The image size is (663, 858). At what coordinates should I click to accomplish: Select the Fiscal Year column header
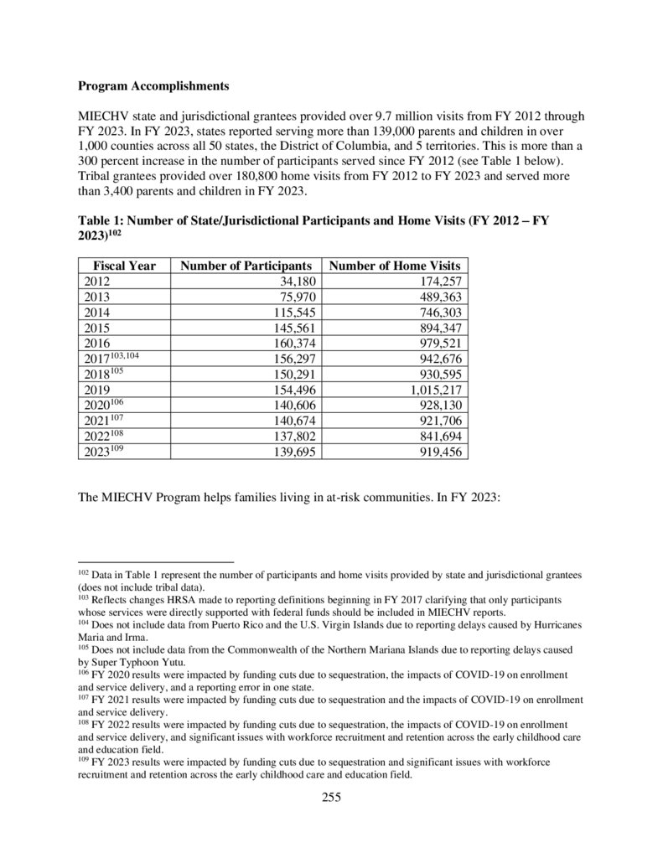pyautogui.click(x=124, y=266)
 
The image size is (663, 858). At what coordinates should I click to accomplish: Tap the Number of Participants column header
pyautogui.click(x=247, y=266)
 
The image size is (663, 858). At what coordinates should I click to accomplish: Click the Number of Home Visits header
pyautogui.click(x=396, y=266)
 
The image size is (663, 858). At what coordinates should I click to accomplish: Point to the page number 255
pyautogui.click(x=331, y=797)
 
